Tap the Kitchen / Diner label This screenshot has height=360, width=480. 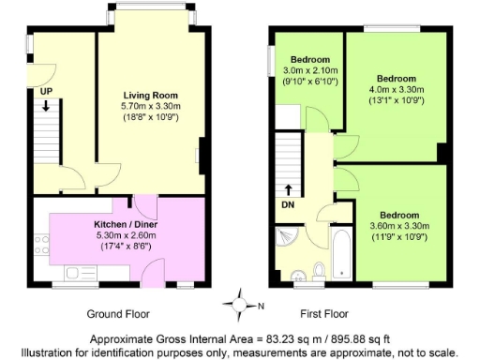(x=118, y=225)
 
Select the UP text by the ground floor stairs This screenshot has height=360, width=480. (x=45, y=91)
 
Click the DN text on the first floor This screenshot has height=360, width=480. (x=288, y=203)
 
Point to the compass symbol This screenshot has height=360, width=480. (x=242, y=305)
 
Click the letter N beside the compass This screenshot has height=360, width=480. (x=261, y=306)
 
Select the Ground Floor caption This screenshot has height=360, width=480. (x=118, y=313)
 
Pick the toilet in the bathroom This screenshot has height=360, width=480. (x=319, y=272)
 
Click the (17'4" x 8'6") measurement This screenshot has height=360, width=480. (x=118, y=247)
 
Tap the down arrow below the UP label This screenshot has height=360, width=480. (x=45, y=106)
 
